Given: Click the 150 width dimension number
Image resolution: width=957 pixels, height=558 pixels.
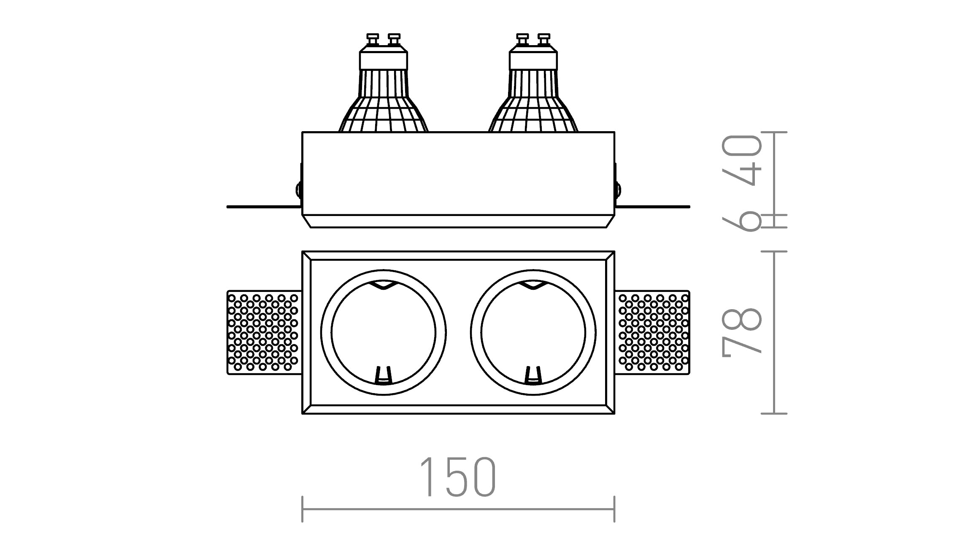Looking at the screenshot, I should [458, 477].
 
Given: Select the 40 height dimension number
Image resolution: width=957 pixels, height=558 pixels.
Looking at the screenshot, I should [742, 160].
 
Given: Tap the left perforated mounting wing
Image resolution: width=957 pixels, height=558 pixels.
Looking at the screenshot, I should [263, 332].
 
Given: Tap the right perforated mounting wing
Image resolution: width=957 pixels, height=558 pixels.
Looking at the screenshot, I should [653, 332].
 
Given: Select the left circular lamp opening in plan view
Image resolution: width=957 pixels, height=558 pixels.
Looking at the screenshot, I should [383, 332].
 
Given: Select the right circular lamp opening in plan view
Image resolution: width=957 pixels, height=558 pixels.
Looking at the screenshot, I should [533, 332].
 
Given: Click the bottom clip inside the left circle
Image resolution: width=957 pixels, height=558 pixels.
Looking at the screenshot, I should [383, 375].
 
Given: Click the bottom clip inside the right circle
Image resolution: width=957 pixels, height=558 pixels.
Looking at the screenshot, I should [533, 375].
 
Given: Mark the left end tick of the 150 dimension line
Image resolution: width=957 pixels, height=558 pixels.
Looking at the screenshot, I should [303, 509].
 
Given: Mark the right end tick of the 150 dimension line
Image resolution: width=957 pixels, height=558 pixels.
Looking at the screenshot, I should [614, 509].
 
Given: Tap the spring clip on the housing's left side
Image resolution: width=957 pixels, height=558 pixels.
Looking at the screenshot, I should [299, 189].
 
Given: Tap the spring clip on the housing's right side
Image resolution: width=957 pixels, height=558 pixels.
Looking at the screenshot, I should [618, 189].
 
